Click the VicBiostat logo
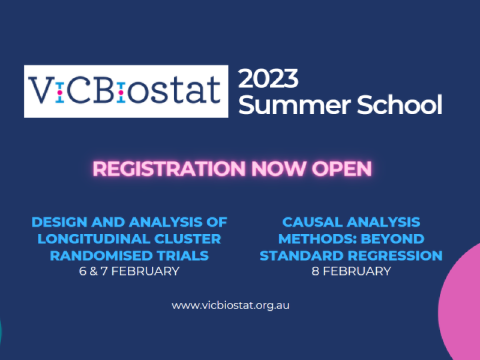(126, 91)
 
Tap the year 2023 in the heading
(268, 79)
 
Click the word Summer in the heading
(294, 104)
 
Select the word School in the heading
(400, 104)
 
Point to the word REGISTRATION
(169, 169)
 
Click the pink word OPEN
(341, 169)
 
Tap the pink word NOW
(278, 169)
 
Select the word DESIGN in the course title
(59, 222)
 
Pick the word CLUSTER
(188, 239)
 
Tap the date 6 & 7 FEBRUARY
(129, 271)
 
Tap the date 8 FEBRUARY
(351, 271)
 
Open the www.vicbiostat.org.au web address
(230, 305)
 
